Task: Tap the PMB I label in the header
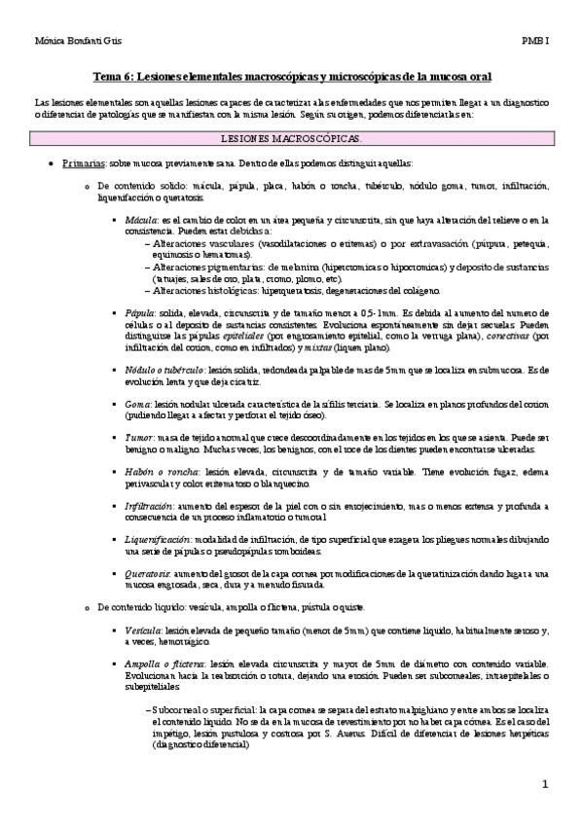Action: [534, 41]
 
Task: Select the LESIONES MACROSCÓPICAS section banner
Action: [291, 139]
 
